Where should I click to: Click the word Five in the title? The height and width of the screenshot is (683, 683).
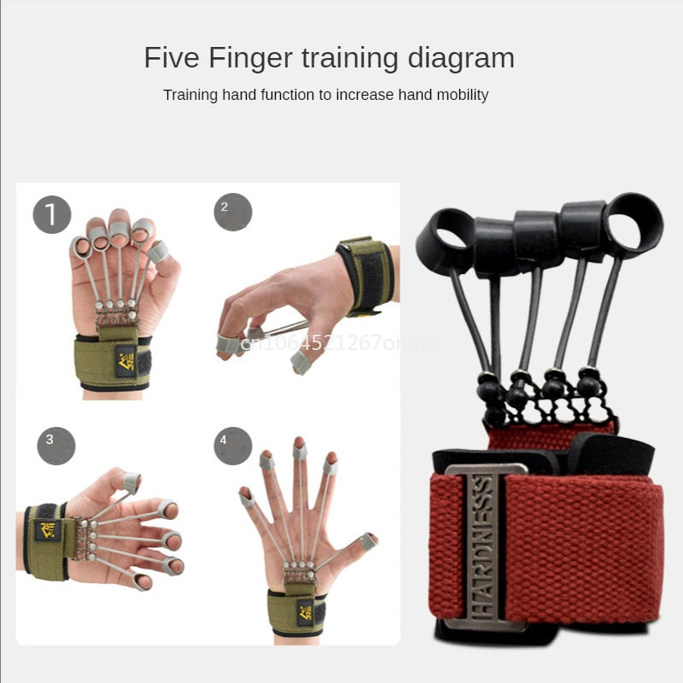point(172,59)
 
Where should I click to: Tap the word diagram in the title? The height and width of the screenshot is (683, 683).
point(460,59)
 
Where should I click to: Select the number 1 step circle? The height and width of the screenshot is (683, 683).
point(52,214)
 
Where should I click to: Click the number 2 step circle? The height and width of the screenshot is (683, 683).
point(232,211)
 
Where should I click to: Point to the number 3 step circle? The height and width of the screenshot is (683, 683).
point(55,445)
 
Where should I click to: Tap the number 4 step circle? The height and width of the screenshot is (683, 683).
point(232,445)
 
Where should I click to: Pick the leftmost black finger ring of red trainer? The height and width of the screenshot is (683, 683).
point(444,240)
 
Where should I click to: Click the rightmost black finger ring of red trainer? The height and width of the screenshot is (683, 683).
point(633,225)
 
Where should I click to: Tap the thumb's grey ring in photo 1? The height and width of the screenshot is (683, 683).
point(157,252)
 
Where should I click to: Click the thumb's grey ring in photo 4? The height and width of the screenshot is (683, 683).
point(369,541)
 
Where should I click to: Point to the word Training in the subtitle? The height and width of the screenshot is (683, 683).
point(191,95)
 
